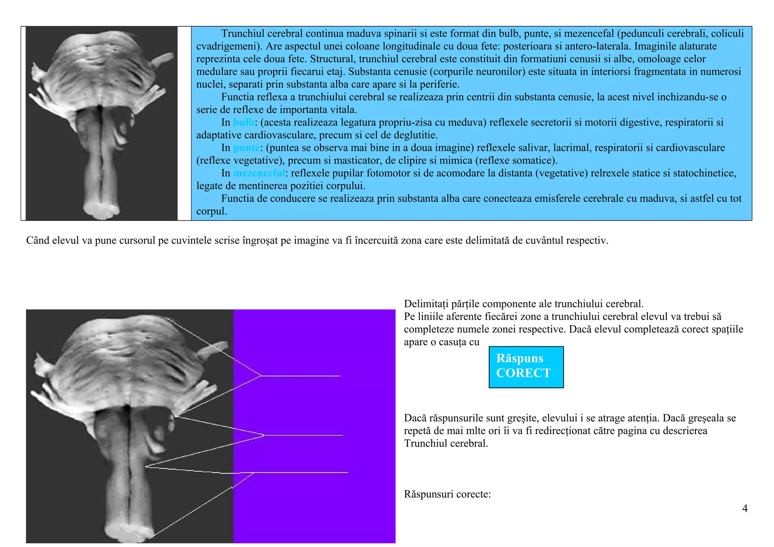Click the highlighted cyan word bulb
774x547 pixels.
[x=243, y=122]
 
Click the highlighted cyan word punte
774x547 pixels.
[x=246, y=148]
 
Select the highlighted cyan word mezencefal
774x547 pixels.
[x=259, y=173]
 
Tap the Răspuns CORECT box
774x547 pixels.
[x=526, y=367]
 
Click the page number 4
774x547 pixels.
[x=745, y=508]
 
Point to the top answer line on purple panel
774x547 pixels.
[x=300, y=376]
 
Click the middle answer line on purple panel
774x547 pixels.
[x=303, y=435]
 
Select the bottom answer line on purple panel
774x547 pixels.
[x=300, y=473]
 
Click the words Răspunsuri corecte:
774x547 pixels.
[x=447, y=494]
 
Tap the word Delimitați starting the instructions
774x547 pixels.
[x=426, y=304]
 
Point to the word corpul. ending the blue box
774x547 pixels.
[x=212, y=211]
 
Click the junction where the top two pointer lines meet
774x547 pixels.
[x=261, y=376]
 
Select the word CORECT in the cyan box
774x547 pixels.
[x=523, y=373]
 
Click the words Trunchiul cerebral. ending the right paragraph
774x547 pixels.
[x=446, y=443]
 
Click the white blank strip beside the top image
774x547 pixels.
[x=184, y=123]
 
